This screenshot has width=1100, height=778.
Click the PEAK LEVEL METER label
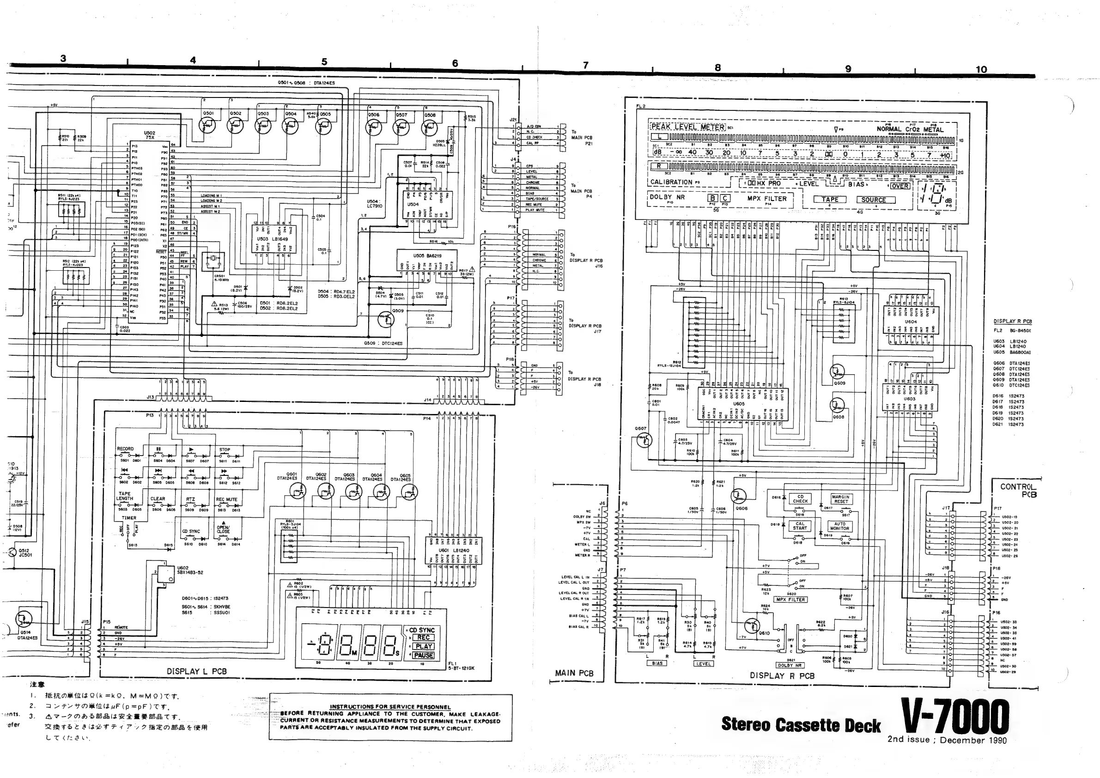pyautogui.click(x=687, y=127)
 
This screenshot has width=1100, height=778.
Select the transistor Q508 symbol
pyautogui.click(x=429, y=128)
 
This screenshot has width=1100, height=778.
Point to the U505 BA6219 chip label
pyautogui.click(x=427, y=256)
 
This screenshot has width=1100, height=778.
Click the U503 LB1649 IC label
pyautogui.click(x=273, y=238)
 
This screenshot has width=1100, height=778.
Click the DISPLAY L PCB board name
pyautogui.click(x=196, y=671)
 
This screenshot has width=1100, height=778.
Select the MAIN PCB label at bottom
pyautogui.click(x=574, y=673)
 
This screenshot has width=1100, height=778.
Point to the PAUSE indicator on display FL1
pyautogui.click(x=424, y=656)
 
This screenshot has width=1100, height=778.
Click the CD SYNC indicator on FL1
pyautogui.click(x=422, y=630)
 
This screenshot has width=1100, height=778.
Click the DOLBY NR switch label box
pyautogui.click(x=790, y=665)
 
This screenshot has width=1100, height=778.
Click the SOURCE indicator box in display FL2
pyautogui.click(x=873, y=200)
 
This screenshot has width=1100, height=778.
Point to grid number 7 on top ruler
pyautogui.click(x=585, y=65)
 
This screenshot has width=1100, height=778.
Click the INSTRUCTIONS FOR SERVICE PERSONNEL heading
pyautogui.click(x=390, y=706)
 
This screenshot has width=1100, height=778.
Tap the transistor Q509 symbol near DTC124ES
pyautogui.click(x=385, y=320)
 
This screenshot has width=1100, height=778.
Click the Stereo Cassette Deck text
pyautogui.click(x=801, y=724)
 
